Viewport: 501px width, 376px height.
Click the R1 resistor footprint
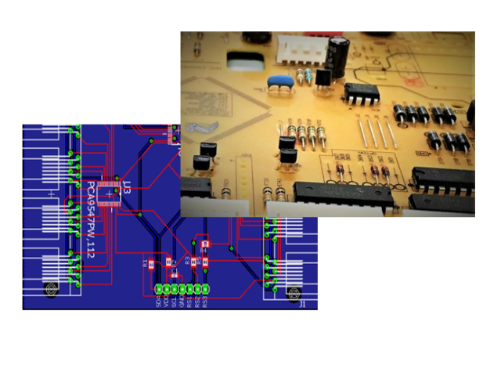pyautogui.click(x=150, y=264)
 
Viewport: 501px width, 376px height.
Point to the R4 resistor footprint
pyautogui.click(x=205, y=244)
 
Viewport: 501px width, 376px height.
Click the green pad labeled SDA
pyautogui.click(x=159, y=288)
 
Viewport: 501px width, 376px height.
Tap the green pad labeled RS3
pyautogui.click(x=205, y=288)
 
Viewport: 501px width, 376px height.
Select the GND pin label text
pyautogui.click(x=182, y=301)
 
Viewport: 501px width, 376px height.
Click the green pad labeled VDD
pyautogui.click(x=167, y=288)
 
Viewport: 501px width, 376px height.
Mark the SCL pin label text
pyautogui.click(x=174, y=301)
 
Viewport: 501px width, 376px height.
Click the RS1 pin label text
pyautogui.click(x=189, y=301)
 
